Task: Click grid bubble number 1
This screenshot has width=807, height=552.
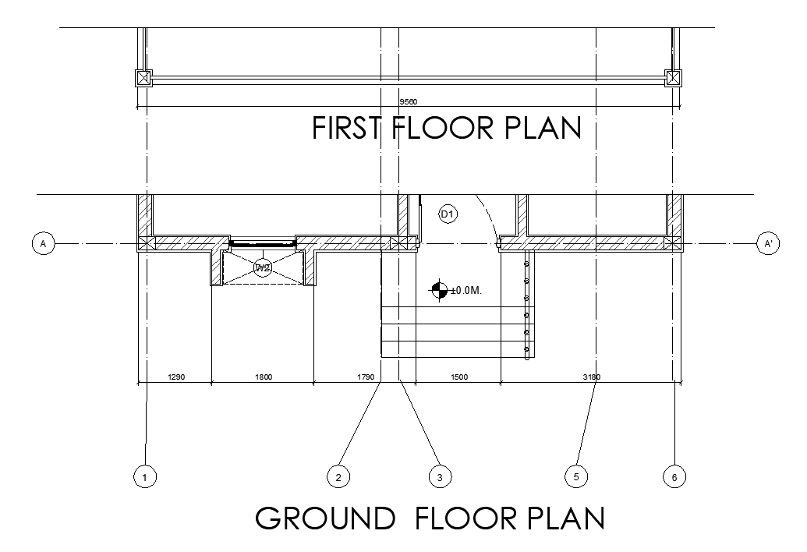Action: pos(144,477)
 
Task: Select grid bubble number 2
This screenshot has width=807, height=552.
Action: pos(338,477)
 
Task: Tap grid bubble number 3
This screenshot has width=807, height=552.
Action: pos(440,477)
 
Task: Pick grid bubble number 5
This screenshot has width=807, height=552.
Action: pos(576,476)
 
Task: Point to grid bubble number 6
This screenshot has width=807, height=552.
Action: pos(674,477)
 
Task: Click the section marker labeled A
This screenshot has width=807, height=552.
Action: pos(43,243)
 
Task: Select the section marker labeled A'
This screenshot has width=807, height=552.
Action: pos(768,243)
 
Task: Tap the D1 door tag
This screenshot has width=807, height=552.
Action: pos(448,214)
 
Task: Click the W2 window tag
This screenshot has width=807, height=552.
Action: pos(263,267)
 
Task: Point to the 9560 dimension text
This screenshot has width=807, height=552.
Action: pos(409,102)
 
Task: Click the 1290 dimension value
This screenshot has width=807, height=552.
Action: pos(176,377)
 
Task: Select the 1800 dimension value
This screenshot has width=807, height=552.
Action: pos(264,377)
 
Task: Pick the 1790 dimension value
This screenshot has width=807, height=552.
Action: pos(366,377)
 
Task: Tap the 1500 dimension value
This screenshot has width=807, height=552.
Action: pos(459,377)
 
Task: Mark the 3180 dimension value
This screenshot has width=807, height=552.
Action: pos(591,377)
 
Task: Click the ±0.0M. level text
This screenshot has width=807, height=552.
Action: pos(466,291)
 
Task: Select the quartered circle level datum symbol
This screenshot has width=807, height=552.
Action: pos(438,291)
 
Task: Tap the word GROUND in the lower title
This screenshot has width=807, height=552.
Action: pos(325,518)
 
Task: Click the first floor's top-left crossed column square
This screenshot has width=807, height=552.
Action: pos(143,78)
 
